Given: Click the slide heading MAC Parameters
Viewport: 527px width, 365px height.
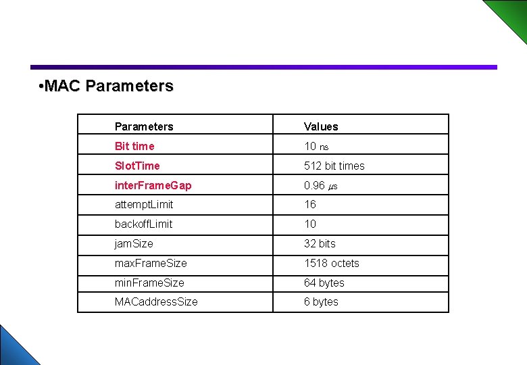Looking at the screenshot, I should (107, 87).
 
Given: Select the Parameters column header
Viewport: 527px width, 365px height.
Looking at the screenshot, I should (144, 126).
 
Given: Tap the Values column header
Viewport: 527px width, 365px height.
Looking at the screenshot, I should (321, 126).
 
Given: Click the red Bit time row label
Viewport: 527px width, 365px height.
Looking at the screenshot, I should (134, 146).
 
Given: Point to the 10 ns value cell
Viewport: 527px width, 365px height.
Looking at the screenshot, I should (316, 146).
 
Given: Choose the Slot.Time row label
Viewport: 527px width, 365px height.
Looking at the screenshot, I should (137, 166).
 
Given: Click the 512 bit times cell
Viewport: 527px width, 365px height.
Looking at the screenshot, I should (334, 166).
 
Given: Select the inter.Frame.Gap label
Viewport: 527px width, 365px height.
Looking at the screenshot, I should (153, 185).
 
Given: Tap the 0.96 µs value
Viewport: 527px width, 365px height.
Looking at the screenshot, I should (320, 185).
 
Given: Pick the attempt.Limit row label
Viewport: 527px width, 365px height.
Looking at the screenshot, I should (144, 204).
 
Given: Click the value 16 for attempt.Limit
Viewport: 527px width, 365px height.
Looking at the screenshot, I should (310, 204).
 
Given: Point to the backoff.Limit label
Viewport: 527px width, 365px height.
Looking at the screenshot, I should (143, 224).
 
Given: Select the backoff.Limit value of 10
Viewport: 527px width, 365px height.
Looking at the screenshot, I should (310, 224).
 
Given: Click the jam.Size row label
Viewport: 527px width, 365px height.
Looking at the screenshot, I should (134, 243).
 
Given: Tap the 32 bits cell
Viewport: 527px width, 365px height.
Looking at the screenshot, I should (320, 243).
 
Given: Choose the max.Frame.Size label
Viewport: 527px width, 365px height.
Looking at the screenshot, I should (151, 263).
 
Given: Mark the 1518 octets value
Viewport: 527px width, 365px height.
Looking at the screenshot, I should (331, 263).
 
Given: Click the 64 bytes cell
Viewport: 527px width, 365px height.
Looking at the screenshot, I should (324, 283).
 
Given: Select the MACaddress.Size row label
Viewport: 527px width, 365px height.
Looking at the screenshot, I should (156, 301).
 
